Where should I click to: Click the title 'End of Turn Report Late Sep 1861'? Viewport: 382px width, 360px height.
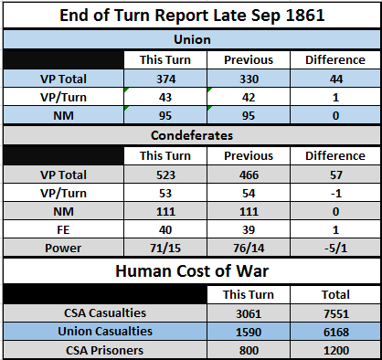coord(192,16)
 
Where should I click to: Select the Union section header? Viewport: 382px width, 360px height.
coord(192,39)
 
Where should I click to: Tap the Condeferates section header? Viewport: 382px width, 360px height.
coord(192,135)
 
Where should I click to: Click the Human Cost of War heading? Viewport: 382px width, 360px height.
coord(192,270)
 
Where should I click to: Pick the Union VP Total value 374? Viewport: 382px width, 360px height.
coord(165,79)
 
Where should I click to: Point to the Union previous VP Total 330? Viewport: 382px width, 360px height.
coord(249,79)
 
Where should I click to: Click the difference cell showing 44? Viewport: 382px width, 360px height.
coord(335,79)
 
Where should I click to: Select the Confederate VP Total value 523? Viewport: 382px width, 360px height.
coord(165,175)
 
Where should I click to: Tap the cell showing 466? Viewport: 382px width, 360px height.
coord(249,175)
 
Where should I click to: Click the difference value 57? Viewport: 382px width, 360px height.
coord(335,175)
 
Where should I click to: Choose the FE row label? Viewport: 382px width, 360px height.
coord(63,230)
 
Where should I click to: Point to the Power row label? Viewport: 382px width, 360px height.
coord(63,249)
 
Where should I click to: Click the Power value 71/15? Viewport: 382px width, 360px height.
coord(165,249)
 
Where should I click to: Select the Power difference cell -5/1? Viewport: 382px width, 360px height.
coord(335,249)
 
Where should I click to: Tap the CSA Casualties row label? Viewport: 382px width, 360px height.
coord(105,313)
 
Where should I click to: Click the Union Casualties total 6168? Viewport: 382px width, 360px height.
coord(336,332)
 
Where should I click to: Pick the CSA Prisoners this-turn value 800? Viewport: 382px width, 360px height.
coord(249,351)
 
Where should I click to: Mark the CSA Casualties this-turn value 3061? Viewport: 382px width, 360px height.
coord(249,313)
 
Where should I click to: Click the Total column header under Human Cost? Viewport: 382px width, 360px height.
coord(335,295)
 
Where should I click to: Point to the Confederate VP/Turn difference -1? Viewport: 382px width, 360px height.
coord(335,194)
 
